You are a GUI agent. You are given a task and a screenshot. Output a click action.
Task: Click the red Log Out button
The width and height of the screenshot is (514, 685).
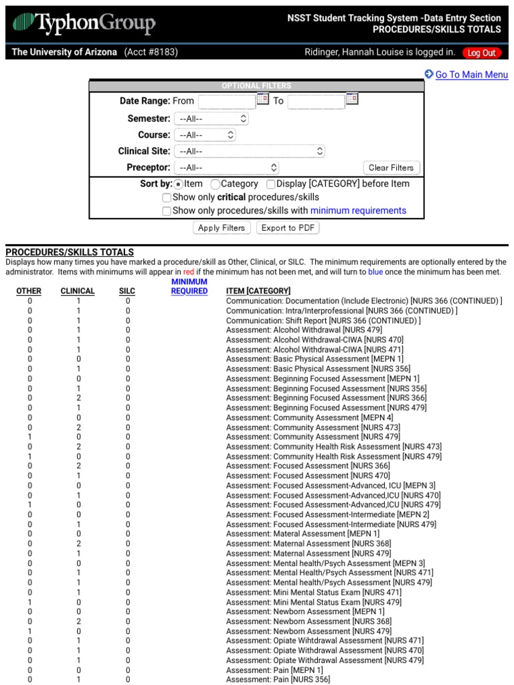coord(481,53)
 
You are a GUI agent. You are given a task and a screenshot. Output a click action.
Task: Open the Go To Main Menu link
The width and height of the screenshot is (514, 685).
coord(471,75)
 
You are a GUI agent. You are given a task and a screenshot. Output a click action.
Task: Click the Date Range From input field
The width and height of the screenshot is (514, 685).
coord(227,101)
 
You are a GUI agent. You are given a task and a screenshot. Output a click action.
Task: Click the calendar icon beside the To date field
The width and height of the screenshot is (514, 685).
coord(351,100)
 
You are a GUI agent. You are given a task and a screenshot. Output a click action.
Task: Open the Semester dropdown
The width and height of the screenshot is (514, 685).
coord(211,118)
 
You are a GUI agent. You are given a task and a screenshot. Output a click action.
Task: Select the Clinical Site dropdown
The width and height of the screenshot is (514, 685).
coord(250,151)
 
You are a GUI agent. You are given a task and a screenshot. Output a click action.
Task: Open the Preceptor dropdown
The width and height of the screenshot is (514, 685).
coord(226,168)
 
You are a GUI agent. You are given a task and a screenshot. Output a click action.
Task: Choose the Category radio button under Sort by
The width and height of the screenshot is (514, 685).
coord(216,184)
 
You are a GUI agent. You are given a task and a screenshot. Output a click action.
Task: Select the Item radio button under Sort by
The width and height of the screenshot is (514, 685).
coord(179,184)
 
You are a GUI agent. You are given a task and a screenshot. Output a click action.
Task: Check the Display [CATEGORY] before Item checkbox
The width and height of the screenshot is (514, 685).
coord(271,184)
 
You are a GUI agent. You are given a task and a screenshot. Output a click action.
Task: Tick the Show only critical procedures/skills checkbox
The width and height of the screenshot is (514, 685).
coord(167,198)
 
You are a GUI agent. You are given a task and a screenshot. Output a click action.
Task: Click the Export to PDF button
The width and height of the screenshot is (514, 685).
coord(288,228)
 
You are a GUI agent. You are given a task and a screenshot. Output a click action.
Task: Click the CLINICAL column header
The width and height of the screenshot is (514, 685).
coord(78,292)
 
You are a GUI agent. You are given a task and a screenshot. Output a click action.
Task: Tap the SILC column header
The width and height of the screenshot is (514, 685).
coord(127,292)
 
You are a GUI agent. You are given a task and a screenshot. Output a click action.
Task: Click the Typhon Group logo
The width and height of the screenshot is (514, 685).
coord(84,25)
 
